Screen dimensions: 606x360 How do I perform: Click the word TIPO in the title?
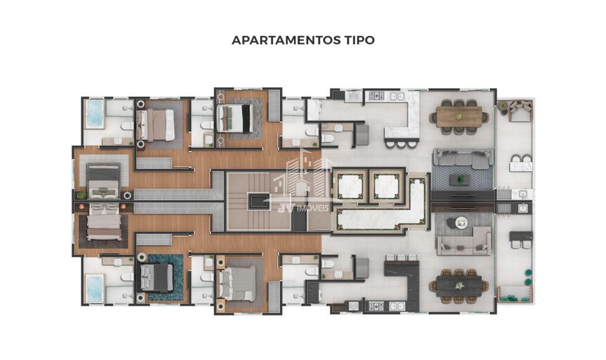point(359,40)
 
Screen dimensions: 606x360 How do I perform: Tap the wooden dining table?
point(459,117)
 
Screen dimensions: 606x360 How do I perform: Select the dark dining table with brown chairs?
point(459,286)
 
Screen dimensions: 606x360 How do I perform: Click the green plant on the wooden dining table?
point(459,116)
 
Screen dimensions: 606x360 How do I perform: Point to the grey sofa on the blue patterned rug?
point(462,159)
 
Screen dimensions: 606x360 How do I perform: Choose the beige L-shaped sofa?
point(464,242)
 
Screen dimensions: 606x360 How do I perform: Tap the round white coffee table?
point(461,222)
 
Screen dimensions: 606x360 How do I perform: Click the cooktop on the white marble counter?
point(376,96)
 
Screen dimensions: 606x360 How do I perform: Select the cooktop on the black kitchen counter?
point(376,306)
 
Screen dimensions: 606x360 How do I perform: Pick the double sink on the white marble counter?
point(397,96)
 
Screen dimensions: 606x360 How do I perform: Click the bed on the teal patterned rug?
point(156,277)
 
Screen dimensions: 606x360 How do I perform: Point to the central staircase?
point(258,201)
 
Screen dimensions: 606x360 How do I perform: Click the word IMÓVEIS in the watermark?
point(313,208)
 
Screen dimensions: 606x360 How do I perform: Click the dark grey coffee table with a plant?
point(460,179)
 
